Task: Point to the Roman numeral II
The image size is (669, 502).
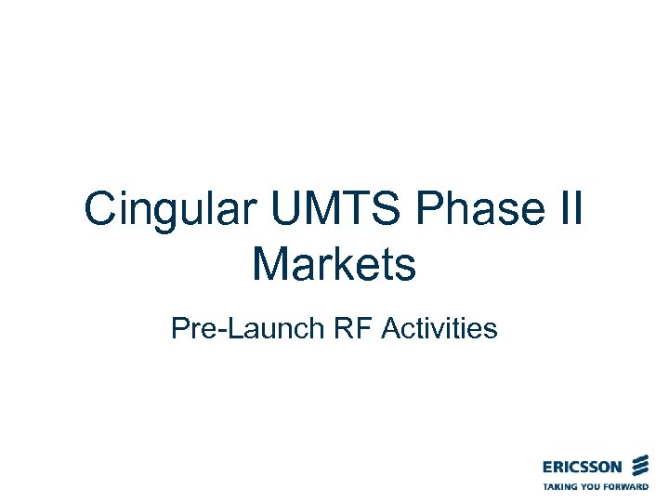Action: (x=569, y=210)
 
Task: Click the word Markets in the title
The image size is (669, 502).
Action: (x=334, y=264)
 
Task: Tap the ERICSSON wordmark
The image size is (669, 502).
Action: (x=584, y=466)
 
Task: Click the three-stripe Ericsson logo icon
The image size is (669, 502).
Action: (x=639, y=465)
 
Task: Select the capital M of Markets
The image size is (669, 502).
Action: (x=271, y=264)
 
